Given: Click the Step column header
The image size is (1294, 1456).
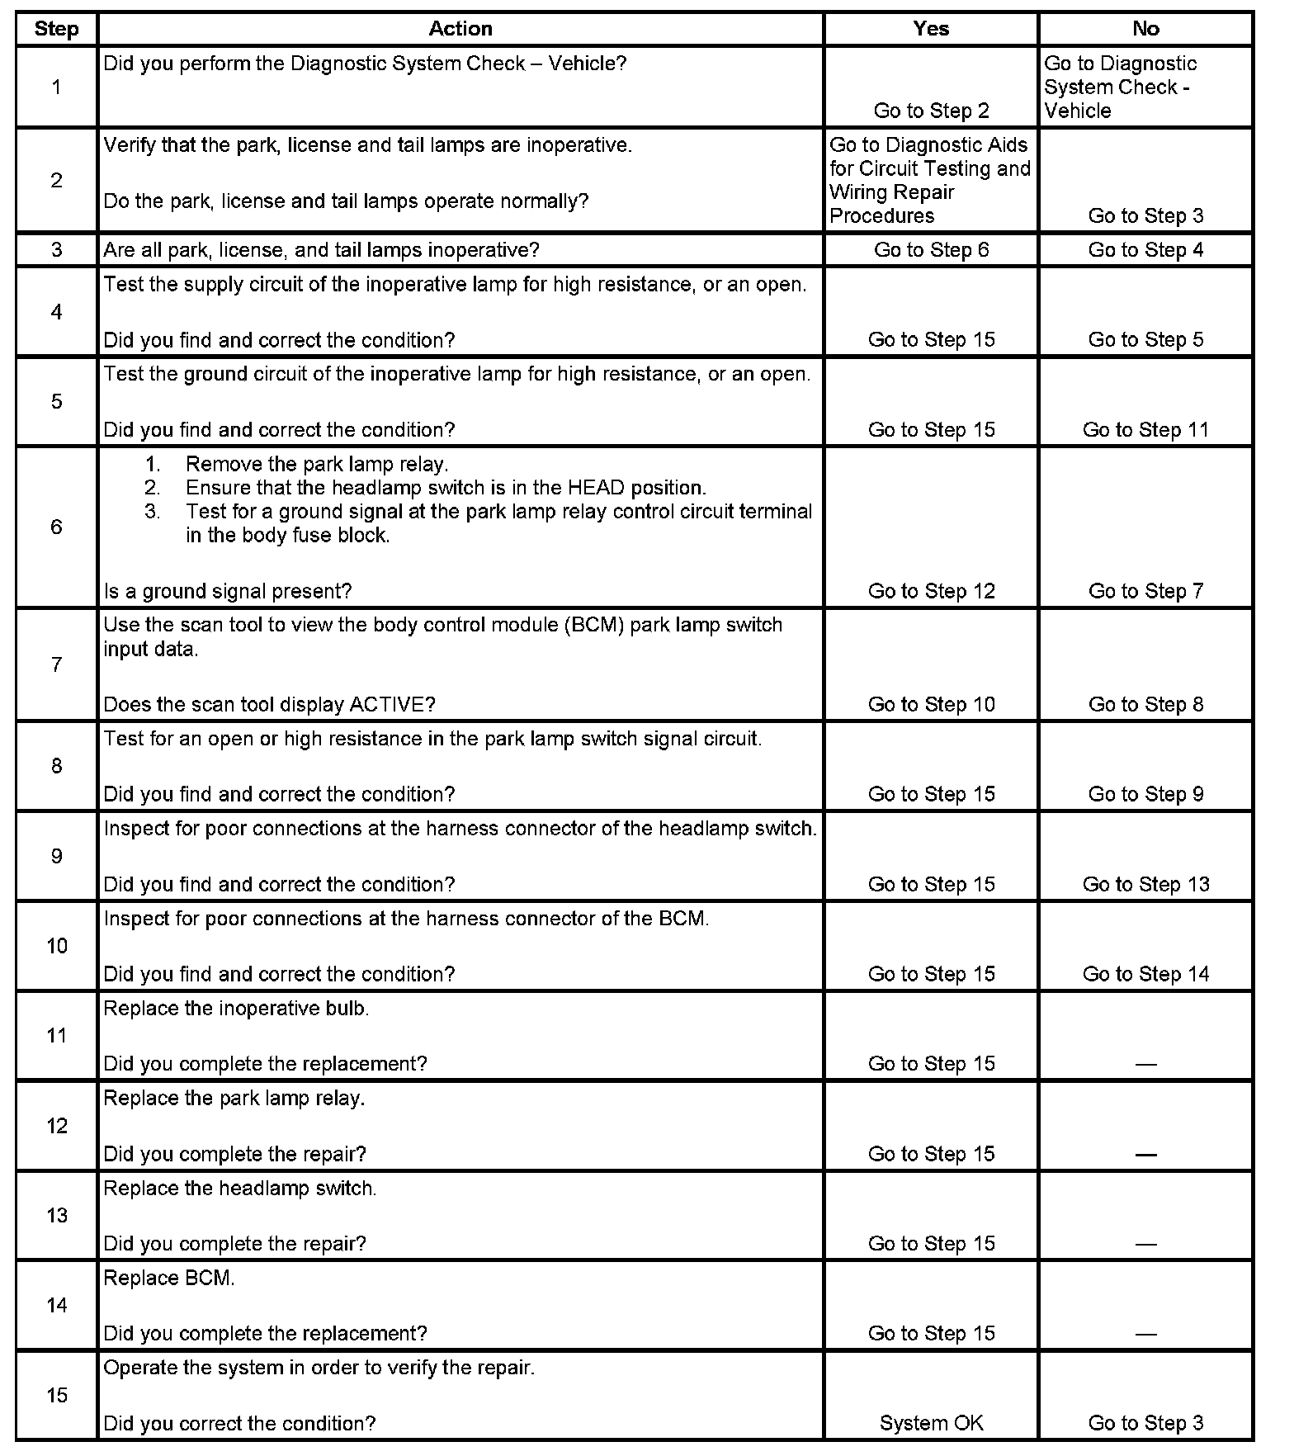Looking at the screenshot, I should [x=56, y=29].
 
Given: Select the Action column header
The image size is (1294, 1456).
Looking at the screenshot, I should [x=460, y=29].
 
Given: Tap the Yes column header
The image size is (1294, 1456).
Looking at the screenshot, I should [x=931, y=29].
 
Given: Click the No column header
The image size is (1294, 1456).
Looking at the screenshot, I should [x=1145, y=29].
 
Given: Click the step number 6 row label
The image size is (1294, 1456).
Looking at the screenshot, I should [x=56, y=527].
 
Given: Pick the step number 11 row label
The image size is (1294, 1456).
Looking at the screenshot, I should [x=56, y=1035].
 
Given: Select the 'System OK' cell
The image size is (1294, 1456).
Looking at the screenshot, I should [x=931, y=1423].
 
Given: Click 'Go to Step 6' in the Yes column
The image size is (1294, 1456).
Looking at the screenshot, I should [x=931, y=250].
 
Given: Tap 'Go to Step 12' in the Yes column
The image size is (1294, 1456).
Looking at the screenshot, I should [x=931, y=591].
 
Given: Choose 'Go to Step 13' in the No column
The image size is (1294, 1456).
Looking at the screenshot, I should [x=1145, y=884].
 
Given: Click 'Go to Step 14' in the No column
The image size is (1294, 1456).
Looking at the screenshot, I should [x=1145, y=974].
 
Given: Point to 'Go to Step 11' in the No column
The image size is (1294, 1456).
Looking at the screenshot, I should [x=1145, y=430].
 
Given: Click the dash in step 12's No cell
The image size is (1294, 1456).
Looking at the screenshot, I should [x=1145, y=1155].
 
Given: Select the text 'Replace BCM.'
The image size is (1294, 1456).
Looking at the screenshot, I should [x=169, y=1278].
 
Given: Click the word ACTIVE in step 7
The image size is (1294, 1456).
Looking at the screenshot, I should [x=392, y=705].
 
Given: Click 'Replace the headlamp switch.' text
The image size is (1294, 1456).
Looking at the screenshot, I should [x=240, y=1189].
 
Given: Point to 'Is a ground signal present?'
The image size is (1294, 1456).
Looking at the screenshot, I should [x=228, y=592].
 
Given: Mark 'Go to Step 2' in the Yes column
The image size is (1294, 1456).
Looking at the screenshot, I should [x=931, y=111].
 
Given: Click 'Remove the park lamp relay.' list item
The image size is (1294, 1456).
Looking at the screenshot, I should [x=317, y=464].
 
